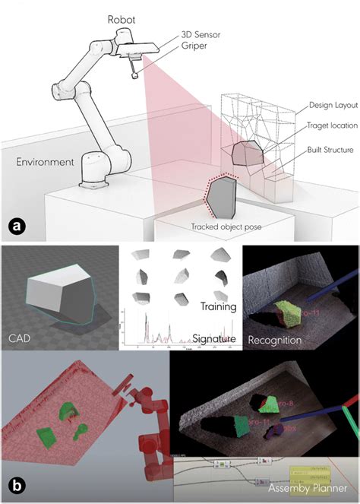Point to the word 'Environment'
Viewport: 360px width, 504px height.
[45, 162]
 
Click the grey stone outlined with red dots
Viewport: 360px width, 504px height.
[222, 193]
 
